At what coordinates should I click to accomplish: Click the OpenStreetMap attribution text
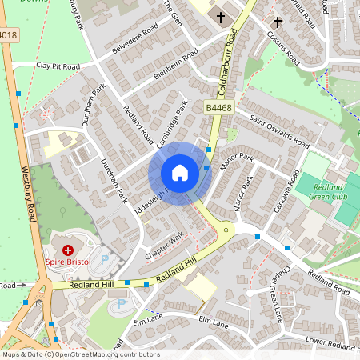coord(80,354)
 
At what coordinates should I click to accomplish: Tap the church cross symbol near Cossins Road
coord(278,22)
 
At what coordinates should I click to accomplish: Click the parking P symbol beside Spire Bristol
coord(106,258)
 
